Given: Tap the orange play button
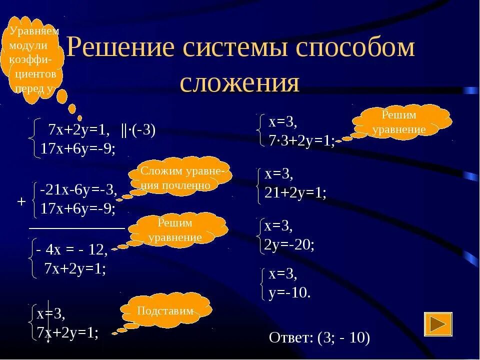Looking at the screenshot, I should (438, 324).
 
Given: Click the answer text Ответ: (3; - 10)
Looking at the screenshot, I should (319, 338).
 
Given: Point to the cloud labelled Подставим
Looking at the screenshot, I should (165, 310).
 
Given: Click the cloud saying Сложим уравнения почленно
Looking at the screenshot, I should (179, 178).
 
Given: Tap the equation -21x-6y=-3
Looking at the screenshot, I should (79, 189).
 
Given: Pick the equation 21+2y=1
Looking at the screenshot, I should (295, 192).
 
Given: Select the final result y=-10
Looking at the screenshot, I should (289, 292).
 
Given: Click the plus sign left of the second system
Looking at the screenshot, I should (21, 201).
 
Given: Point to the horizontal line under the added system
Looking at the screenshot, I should (76, 227).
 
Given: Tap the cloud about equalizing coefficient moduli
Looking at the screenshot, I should (35, 59).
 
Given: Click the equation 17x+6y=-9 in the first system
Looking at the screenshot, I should (78, 148).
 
